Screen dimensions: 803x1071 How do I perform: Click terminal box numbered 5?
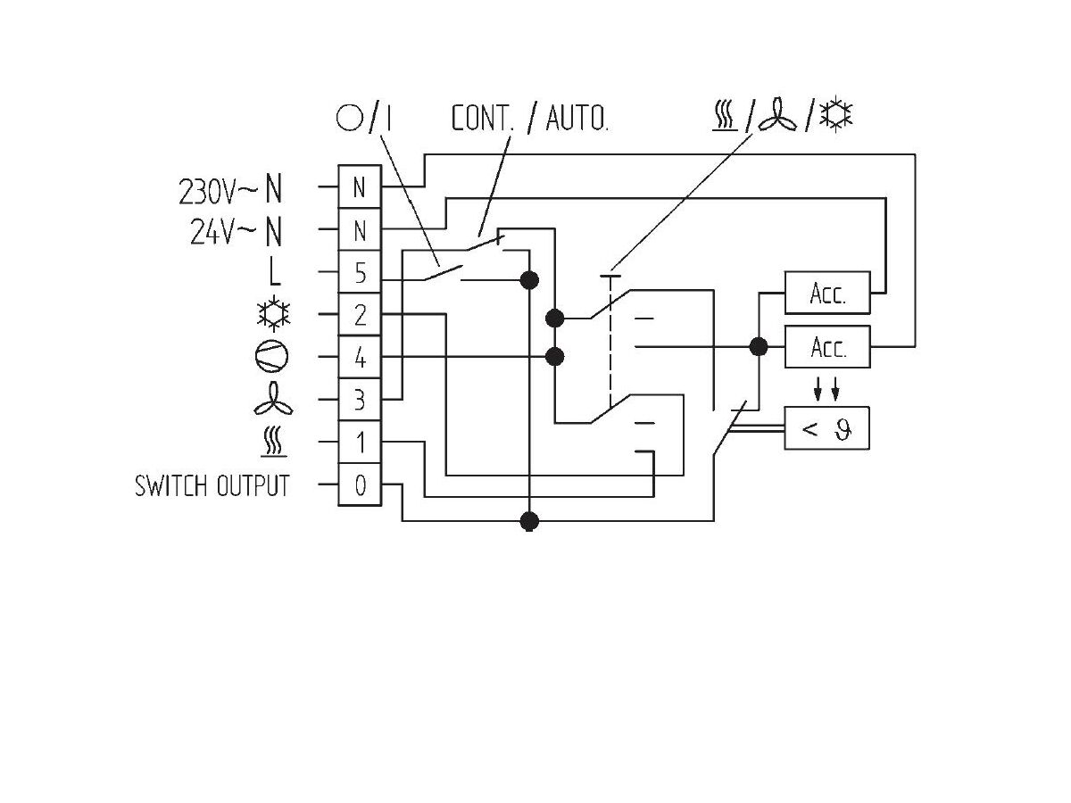click(360, 273)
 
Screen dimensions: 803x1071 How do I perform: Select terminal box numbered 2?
click(360, 316)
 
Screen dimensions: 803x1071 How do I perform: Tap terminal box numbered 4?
click(360, 358)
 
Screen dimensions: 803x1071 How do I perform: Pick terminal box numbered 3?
click(360, 400)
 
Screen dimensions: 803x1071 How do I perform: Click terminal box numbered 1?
click(360, 443)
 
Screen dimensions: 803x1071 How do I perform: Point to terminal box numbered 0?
click(360, 485)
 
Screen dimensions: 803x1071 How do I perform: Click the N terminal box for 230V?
click(360, 188)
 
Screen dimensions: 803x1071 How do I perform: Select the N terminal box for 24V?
click(360, 231)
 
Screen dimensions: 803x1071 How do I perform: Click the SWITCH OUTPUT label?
click(212, 486)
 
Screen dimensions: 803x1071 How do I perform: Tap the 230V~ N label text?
click(231, 190)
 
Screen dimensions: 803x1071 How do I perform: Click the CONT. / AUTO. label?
click(529, 120)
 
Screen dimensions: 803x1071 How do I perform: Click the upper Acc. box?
click(826, 294)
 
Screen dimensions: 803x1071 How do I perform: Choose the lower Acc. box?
click(826, 347)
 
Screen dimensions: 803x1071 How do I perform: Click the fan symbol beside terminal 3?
click(271, 401)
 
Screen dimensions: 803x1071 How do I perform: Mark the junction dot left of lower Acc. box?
click(759, 346)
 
